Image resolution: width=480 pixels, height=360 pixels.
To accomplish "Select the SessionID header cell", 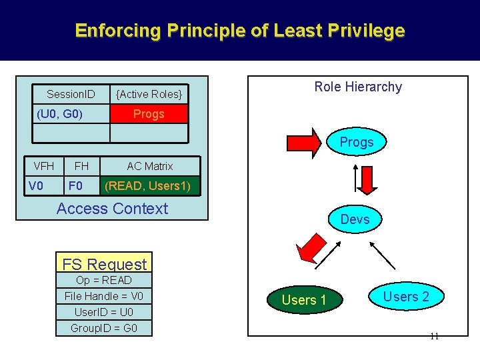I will [71, 93].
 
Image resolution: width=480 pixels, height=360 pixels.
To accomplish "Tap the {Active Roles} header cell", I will [149, 94].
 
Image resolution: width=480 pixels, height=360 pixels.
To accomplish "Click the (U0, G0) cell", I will [59, 114].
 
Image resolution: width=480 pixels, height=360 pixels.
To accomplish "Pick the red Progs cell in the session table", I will [149, 114].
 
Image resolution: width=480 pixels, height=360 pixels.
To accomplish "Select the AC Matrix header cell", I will [150, 166].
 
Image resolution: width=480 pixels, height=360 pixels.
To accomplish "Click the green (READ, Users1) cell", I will [150, 186].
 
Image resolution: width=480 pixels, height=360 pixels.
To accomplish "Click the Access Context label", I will [112, 209].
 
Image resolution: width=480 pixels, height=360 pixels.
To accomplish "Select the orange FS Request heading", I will [103, 264].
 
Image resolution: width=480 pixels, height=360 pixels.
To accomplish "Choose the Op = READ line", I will [104, 280].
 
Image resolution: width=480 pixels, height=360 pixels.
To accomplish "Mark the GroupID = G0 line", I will [104, 328].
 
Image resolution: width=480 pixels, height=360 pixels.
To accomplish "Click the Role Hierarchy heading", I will [358, 87].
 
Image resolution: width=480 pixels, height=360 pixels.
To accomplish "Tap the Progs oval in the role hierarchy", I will [357, 142].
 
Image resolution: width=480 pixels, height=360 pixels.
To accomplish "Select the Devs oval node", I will [355, 219].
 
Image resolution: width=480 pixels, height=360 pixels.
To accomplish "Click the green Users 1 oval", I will [304, 300].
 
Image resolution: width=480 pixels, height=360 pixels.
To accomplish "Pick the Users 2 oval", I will [406, 297].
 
